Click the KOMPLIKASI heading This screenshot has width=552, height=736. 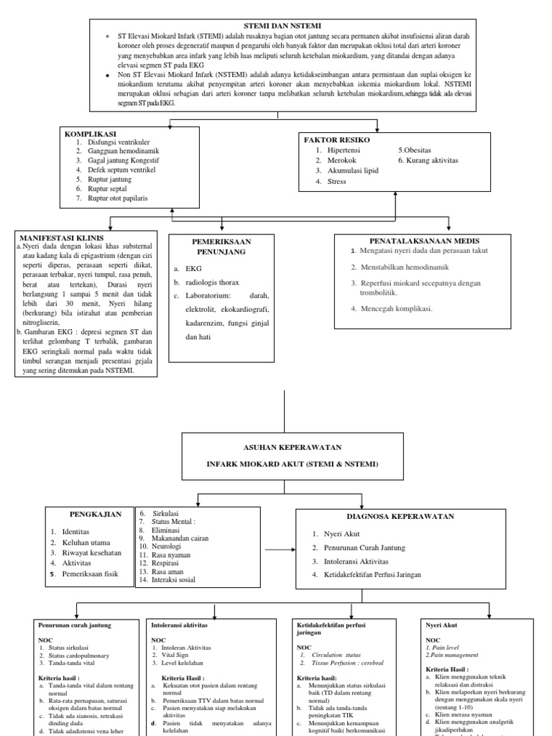point(91,134)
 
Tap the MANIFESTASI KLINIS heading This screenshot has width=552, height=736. point(62,238)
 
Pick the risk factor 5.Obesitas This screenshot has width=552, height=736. point(415,151)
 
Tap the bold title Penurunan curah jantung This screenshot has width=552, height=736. point(74,625)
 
